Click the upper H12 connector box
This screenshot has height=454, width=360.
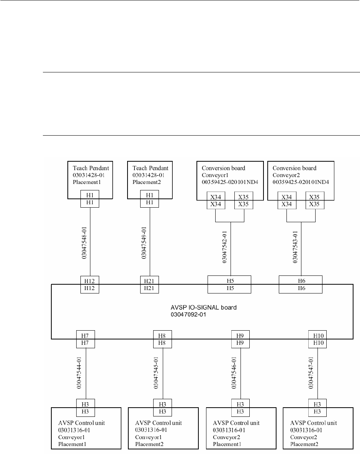90,280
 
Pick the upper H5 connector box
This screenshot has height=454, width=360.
229,280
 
